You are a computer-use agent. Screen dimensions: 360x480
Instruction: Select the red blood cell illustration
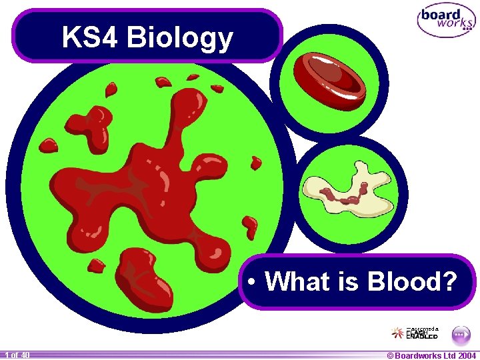tap(331, 79)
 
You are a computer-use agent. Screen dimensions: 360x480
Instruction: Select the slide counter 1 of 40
tap(16, 355)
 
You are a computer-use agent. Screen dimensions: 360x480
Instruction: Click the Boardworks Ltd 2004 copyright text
tap(431, 355)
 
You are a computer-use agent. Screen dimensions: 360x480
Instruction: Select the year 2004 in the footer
tap(467, 355)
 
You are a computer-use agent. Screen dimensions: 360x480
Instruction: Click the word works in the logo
tap(455, 24)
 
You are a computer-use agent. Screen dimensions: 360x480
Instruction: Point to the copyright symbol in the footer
tap(391, 355)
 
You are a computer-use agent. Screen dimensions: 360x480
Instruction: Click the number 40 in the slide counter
tap(24, 355)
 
